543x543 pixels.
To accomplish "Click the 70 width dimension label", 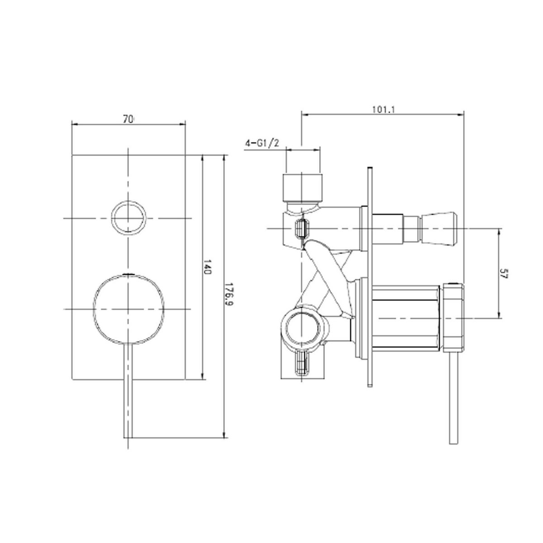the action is point(128,119).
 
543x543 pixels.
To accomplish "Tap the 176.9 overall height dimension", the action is point(229,295).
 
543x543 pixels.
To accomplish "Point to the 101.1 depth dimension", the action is point(384,110).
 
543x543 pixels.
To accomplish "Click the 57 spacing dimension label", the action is point(504,273).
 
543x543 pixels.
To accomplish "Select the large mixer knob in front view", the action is point(129,310).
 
